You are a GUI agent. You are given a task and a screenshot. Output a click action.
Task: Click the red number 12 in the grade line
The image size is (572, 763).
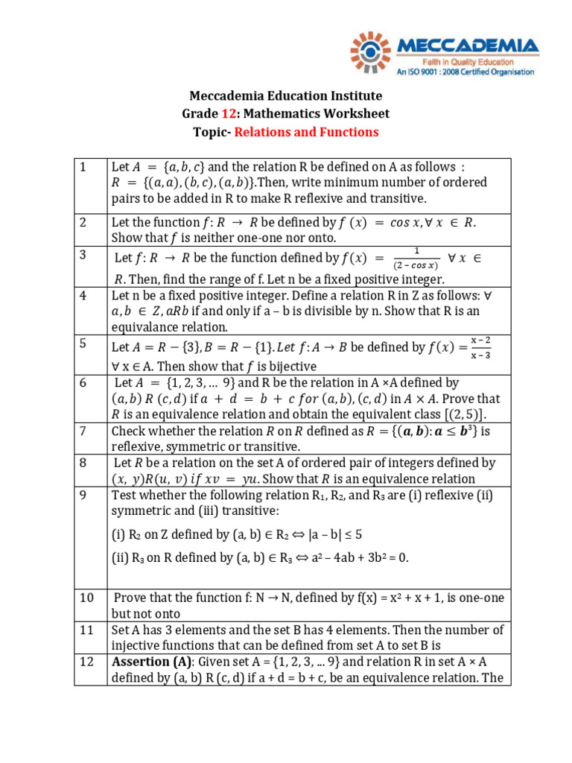[229, 114]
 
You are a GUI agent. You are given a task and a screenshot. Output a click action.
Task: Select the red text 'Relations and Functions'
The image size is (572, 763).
[307, 133]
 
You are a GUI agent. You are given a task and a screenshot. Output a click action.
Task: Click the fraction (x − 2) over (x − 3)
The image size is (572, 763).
[481, 346]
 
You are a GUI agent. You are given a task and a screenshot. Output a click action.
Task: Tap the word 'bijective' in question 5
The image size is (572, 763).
[291, 367]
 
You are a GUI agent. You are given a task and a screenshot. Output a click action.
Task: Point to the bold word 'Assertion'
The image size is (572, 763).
[141, 662]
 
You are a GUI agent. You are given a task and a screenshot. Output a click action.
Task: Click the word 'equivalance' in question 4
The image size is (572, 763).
[145, 328]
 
